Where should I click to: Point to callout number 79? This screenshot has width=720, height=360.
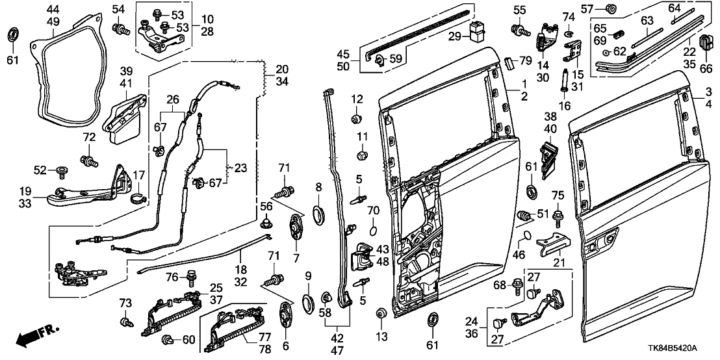tap(525, 61)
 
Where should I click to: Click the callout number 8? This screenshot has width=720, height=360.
tap(318, 188)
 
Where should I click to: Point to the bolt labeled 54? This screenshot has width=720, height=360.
tap(118, 28)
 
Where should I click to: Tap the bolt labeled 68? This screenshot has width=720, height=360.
tap(517, 284)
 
